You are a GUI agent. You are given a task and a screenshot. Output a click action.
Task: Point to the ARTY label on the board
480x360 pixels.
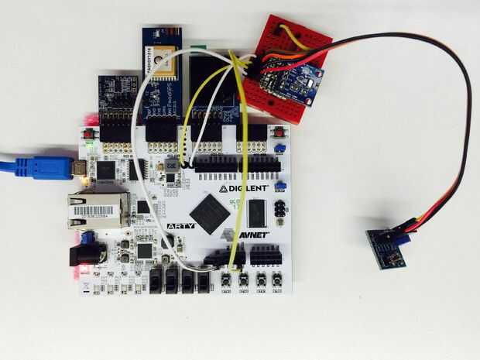[x=180, y=226]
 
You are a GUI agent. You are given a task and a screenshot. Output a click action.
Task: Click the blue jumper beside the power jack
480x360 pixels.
[x=87, y=237]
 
